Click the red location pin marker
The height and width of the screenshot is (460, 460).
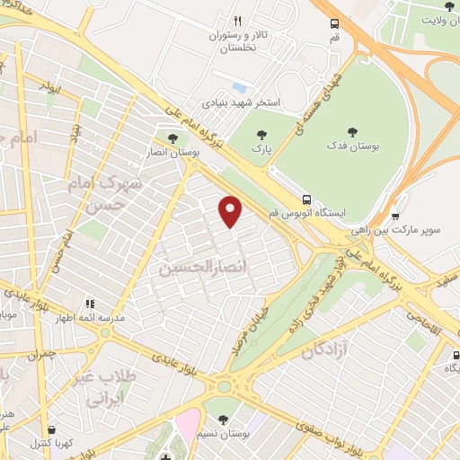231,211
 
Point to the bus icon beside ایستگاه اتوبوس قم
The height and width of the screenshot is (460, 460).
307,199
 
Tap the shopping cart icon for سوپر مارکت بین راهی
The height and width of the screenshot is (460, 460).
396,216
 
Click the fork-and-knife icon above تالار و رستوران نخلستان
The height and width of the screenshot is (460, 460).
237,20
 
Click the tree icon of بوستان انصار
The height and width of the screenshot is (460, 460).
172,137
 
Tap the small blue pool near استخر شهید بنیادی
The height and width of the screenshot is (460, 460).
239,88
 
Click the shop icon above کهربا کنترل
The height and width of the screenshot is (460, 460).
51,430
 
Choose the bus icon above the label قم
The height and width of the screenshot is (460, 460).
334,23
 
